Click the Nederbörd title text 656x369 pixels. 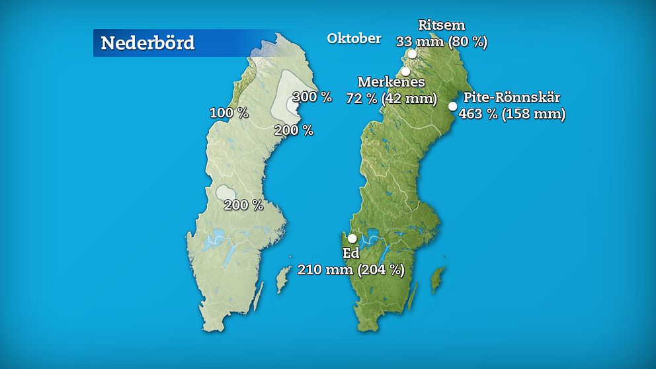click(x=147, y=44)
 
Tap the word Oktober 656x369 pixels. click(x=354, y=38)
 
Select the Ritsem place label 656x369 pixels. click(x=442, y=26)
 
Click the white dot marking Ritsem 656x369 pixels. click(x=412, y=54)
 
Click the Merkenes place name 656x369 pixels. click(x=391, y=83)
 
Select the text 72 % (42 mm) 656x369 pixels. click(x=391, y=99)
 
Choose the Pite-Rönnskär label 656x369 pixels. click(x=512, y=98)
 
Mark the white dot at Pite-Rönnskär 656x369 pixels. click(x=453, y=106)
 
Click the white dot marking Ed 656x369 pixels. click(x=352, y=239)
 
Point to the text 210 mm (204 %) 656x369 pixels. click(x=350, y=269)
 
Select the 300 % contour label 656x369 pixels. click(x=311, y=97)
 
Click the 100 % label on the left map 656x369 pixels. click(x=229, y=113)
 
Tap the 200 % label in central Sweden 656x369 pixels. click(x=243, y=205)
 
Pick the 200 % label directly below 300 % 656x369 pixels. click(x=294, y=130)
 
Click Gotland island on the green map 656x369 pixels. click(x=437, y=280)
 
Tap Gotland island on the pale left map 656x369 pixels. click(x=282, y=280)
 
